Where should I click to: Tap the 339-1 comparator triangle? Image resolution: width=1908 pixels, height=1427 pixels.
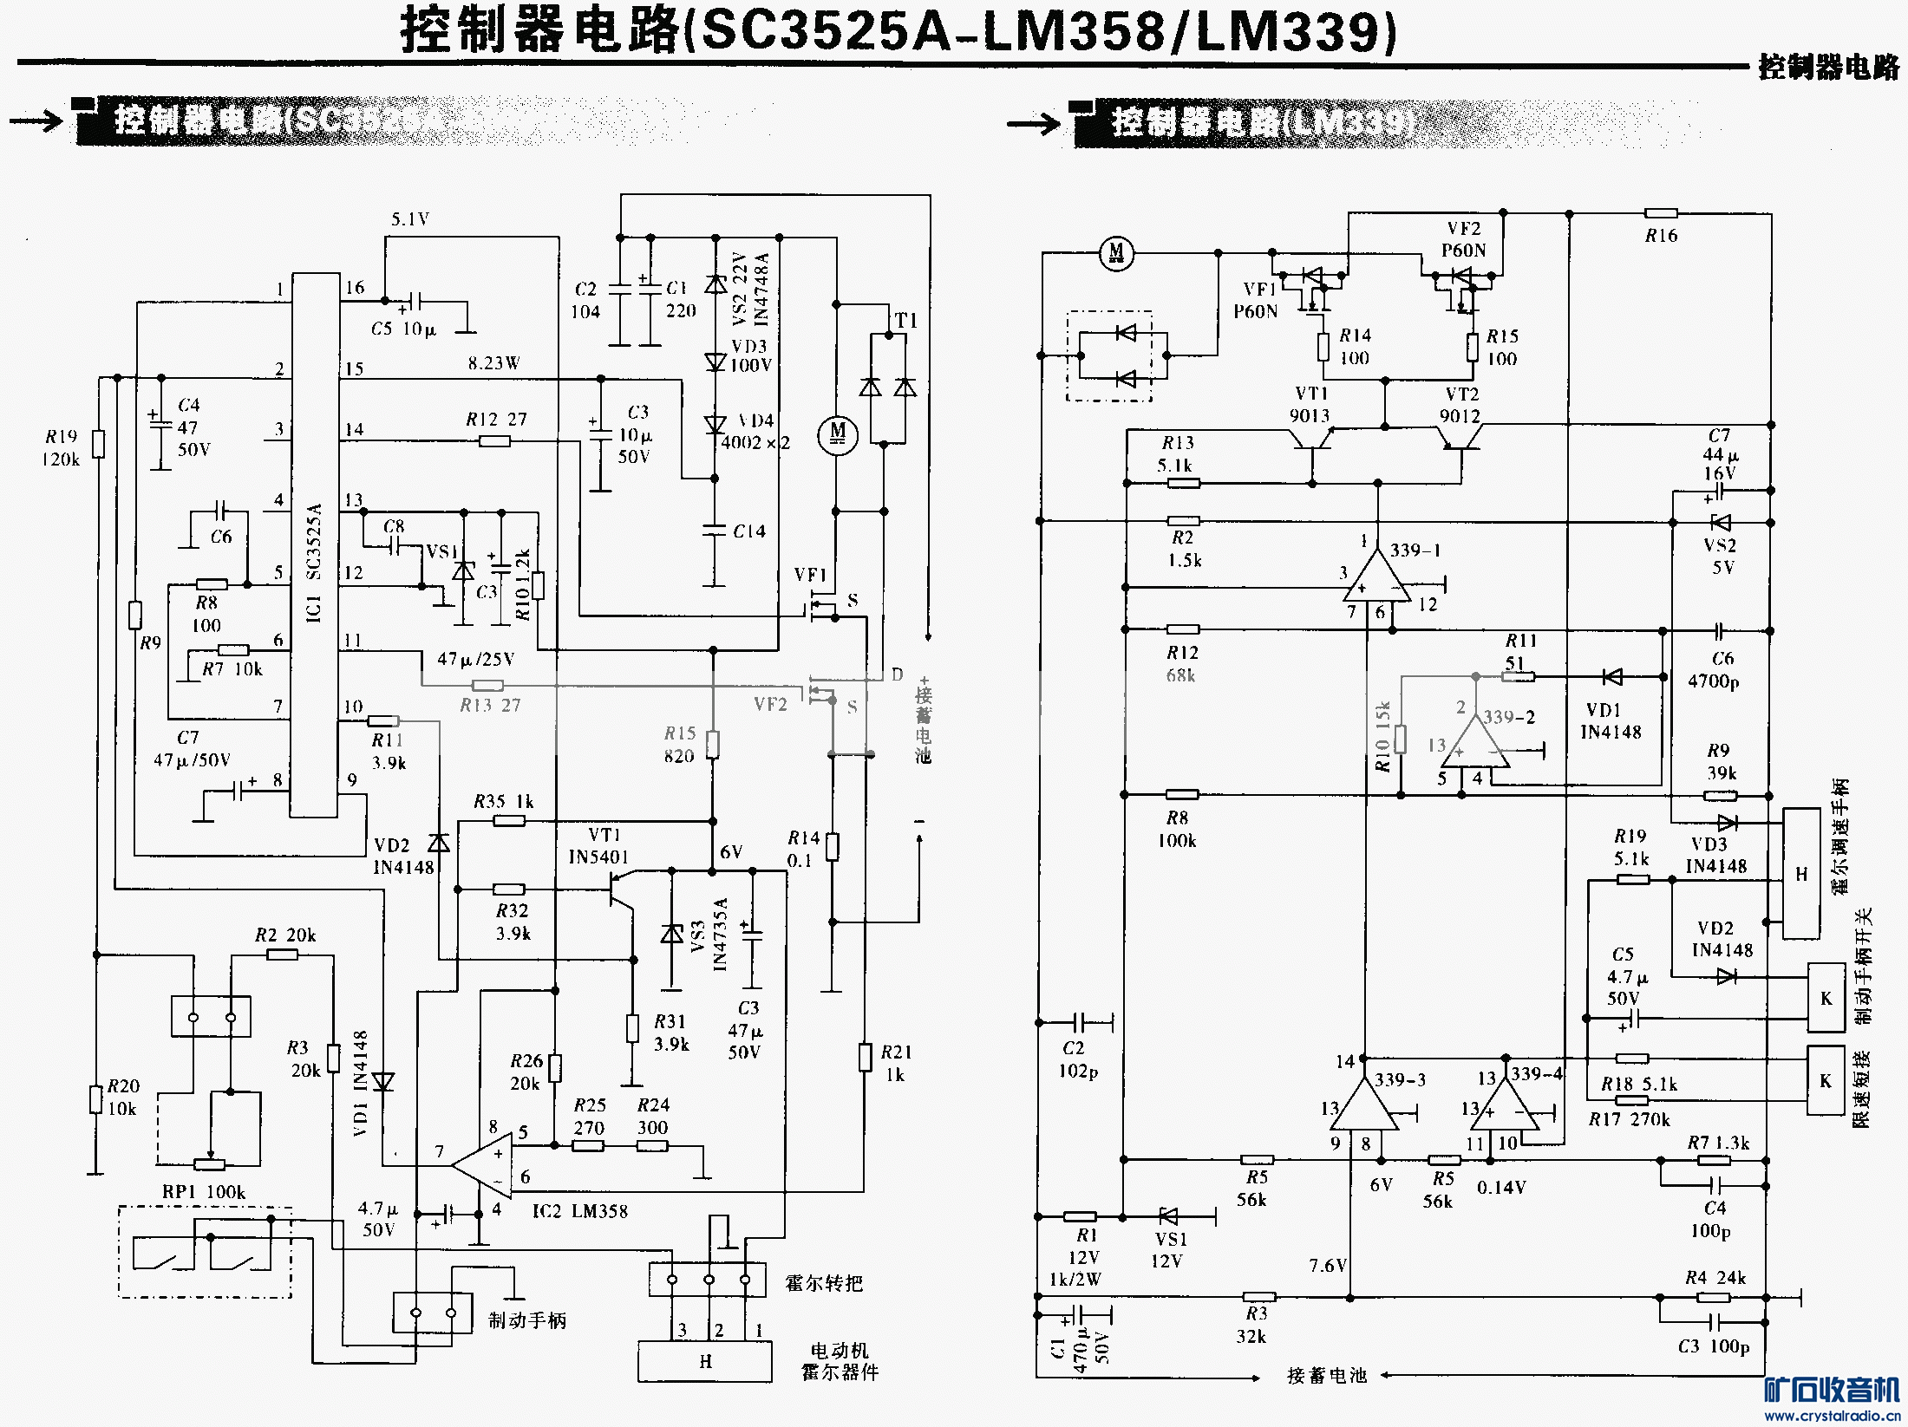pyautogui.click(x=1375, y=578)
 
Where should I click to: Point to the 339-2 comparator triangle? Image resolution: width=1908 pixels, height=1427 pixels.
pyautogui.click(x=1476, y=743)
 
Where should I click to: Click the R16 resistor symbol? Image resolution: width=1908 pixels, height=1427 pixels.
pyautogui.click(x=1661, y=213)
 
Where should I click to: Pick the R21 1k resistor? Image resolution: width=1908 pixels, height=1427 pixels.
pyautogui.click(x=865, y=1057)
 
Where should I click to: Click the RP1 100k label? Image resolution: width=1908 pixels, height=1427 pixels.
pyautogui.click(x=204, y=1192)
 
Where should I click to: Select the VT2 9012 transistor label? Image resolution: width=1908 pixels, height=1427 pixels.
pyautogui.click(x=1460, y=405)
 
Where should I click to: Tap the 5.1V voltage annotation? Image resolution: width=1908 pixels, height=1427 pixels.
pyautogui.click(x=409, y=219)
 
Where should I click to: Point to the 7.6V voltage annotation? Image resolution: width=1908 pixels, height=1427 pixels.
pyautogui.click(x=1327, y=1266)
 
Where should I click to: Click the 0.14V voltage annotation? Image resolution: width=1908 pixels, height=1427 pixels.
pyautogui.click(x=1501, y=1187)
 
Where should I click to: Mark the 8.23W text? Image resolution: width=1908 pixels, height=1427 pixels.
pyautogui.click(x=493, y=363)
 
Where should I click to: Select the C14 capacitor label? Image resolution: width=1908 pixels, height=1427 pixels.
pyautogui.click(x=749, y=531)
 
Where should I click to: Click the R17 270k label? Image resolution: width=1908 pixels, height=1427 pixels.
pyautogui.click(x=1629, y=1119)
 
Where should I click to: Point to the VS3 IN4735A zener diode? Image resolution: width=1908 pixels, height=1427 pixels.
pyautogui.click(x=672, y=934)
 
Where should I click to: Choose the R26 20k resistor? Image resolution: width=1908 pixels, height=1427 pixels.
pyautogui.click(x=555, y=1068)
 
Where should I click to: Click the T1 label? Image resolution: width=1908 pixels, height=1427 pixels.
pyautogui.click(x=905, y=321)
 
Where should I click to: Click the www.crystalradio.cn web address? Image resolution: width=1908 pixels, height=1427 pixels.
pyautogui.click(x=1832, y=1416)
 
